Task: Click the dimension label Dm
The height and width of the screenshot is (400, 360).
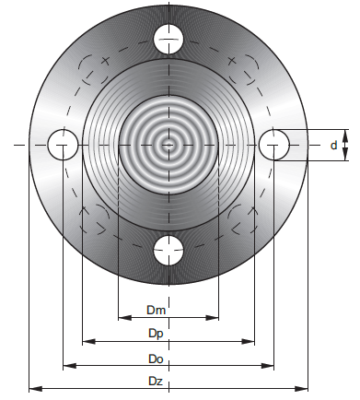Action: [157, 310]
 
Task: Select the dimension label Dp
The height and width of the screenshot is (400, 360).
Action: [156, 334]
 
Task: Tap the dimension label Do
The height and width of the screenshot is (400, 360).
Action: [156, 359]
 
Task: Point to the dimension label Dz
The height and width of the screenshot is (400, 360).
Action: [156, 382]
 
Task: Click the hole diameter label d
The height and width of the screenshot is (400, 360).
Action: [334, 145]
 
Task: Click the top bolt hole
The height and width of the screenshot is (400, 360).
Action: [168, 39]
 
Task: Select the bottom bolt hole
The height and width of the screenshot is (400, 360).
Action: [168, 251]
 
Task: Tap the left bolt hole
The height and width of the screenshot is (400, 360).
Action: [63, 145]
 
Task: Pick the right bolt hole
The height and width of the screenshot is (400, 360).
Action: [274, 145]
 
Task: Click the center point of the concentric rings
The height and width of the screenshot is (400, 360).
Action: [168, 145]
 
